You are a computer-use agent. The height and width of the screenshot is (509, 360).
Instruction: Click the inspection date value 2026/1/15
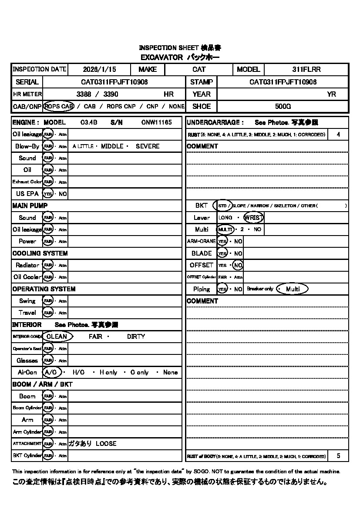tap(100, 69)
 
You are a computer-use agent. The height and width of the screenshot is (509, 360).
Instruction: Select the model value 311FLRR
tap(306, 69)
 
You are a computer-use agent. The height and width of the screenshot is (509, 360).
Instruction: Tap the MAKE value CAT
tap(199, 69)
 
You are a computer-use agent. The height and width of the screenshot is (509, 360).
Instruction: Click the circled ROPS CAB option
tap(59, 106)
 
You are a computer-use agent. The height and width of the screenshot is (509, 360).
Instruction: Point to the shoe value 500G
tap(283, 106)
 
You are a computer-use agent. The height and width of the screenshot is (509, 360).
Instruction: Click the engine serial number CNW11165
tap(157, 123)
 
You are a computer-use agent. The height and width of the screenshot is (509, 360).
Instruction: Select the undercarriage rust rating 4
tap(339, 135)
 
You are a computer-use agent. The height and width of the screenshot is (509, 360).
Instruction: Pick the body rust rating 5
tap(339, 456)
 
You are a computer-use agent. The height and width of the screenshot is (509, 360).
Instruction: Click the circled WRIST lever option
tap(253, 217)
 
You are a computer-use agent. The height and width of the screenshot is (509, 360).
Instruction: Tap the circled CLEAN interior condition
tap(57, 337)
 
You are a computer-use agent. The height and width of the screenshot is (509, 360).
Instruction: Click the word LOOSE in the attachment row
tap(106, 444)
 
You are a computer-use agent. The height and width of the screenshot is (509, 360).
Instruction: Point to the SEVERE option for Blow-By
tap(148, 146)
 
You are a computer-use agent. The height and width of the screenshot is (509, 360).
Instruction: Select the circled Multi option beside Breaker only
tap(293, 289)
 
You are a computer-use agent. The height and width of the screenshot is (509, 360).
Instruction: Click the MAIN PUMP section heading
tap(30, 206)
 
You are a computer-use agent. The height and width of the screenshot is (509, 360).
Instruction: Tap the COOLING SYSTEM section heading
tap(40, 253)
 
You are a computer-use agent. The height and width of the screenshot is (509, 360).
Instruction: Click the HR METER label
tap(27, 94)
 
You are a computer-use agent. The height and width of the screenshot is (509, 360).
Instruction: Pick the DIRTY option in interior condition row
tap(136, 337)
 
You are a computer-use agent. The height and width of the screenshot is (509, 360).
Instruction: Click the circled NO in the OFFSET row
tap(238, 265)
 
